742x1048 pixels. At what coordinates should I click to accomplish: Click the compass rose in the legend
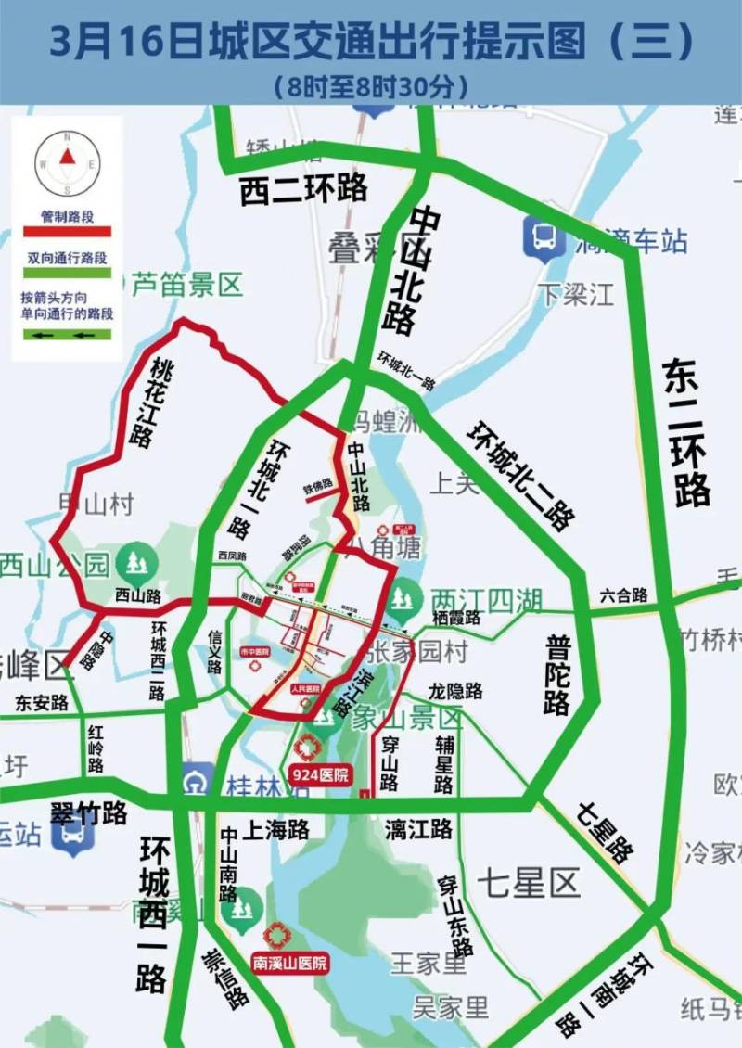67,163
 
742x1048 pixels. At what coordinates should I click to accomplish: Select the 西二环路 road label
303,188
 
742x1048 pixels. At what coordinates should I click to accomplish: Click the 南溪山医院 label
290,964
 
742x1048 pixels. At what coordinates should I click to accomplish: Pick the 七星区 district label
529,882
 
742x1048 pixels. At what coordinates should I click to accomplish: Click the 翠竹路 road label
88,814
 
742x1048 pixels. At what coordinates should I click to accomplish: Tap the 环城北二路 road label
520,476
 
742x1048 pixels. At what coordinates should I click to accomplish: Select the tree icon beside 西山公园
136,562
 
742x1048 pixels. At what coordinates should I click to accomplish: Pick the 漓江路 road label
418,828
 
